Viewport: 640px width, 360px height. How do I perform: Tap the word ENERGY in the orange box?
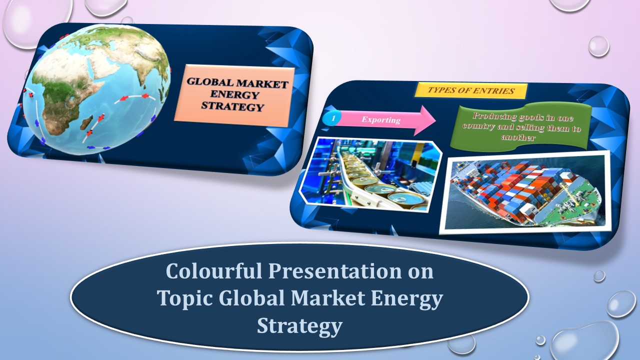(x=234, y=94)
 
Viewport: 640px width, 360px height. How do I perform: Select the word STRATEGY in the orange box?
(x=232, y=106)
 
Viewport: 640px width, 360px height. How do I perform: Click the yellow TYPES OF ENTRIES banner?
(x=471, y=90)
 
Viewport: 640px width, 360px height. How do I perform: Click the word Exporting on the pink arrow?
(x=381, y=119)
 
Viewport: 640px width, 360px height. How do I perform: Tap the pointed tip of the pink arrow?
(x=435, y=121)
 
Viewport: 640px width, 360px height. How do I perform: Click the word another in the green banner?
(x=518, y=137)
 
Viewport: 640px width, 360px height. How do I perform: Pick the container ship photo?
(x=525, y=192)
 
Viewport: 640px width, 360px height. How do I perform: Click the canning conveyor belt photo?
(x=370, y=175)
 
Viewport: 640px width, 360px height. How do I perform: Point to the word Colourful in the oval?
(x=214, y=270)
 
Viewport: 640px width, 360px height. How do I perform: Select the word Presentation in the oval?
(x=335, y=271)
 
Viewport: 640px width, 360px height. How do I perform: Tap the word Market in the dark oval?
(x=328, y=298)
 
